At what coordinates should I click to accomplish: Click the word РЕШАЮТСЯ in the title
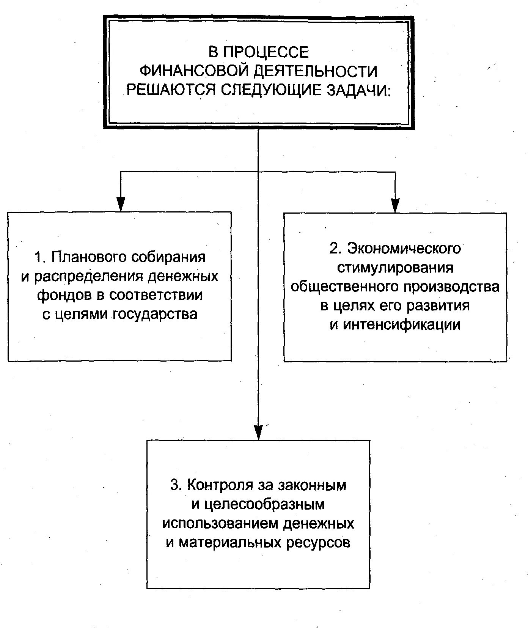coord(171,90)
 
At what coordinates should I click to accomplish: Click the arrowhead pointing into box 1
coord(121,204)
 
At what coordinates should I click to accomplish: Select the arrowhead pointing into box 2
coord(395,205)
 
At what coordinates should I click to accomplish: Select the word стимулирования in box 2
coord(395,268)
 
